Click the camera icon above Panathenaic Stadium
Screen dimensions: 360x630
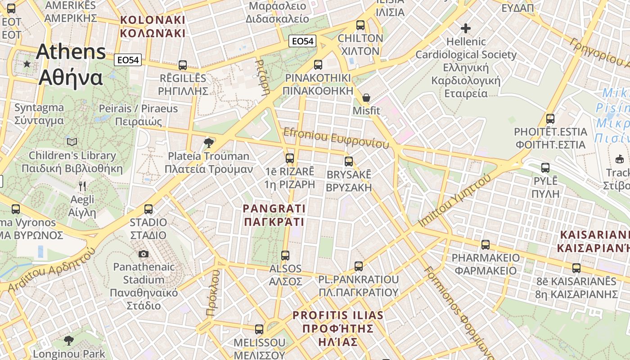[x=144, y=254]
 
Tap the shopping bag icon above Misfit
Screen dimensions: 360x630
[x=366, y=98]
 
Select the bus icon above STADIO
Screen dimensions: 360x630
[x=148, y=209]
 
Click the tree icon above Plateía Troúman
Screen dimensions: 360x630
[x=208, y=143]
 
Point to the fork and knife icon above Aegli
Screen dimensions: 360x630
[x=82, y=186]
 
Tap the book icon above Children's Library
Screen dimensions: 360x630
[x=72, y=142]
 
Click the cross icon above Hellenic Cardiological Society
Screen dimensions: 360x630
[x=466, y=29]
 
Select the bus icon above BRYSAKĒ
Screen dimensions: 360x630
[x=349, y=162]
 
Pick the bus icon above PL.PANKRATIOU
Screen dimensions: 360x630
[x=359, y=266]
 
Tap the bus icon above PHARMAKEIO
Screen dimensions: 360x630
[x=486, y=245]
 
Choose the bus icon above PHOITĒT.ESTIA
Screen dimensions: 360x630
[x=550, y=119]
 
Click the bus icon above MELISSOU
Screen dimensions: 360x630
[x=259, y=329]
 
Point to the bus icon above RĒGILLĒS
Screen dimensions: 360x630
[x=183, y=65]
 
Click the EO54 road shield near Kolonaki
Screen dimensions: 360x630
[x=128, y=60]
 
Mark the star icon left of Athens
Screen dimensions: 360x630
[x=27, y=64]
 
